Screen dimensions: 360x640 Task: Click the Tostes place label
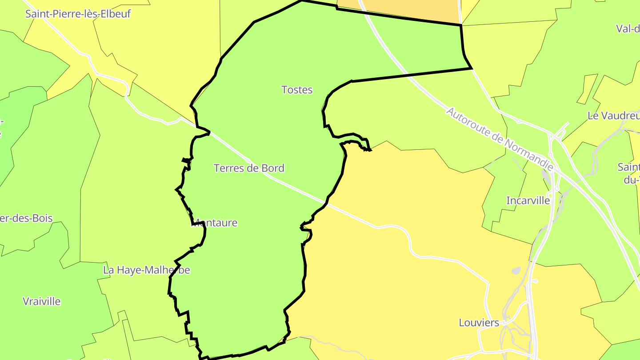297,90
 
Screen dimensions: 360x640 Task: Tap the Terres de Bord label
249,168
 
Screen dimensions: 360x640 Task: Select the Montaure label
215,223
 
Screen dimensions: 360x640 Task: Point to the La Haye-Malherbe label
146,270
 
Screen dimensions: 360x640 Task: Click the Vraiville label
42,301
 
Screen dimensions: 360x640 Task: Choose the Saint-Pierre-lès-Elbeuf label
78,14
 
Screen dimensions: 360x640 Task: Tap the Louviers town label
479,323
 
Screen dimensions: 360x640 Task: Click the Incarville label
528,201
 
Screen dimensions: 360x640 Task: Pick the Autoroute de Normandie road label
500,139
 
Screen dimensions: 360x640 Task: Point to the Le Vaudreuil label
613,116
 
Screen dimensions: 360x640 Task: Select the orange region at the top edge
400,9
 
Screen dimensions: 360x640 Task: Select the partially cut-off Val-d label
628,29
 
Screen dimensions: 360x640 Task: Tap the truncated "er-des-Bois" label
27,219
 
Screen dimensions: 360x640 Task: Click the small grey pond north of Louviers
516,270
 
